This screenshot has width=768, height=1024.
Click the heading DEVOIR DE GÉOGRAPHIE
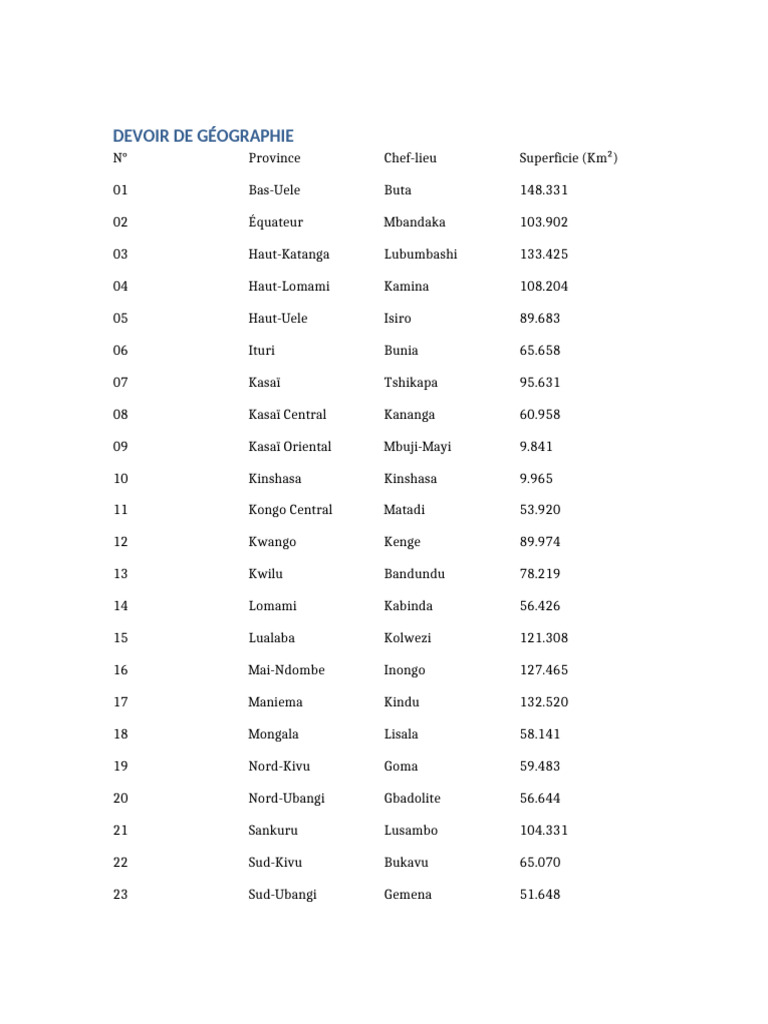click(203, 136)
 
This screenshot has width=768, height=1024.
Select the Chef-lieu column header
click(410, 158)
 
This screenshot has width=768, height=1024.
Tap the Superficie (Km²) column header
click(568, 158)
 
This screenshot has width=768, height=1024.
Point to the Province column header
click(274, 158)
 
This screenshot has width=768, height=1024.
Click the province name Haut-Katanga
click(289, 254)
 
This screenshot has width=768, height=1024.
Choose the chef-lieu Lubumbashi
click(420, 254)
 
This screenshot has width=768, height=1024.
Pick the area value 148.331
click(544, 190)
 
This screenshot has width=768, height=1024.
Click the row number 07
click(120, 382)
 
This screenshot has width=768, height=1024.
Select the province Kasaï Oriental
click(290, 446)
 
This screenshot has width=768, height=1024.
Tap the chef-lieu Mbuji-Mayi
click(417, 446)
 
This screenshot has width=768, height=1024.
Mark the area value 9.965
click(536, 478)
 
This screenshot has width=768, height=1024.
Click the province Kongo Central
click(290, 510)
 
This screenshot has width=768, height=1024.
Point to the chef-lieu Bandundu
click(414, 574)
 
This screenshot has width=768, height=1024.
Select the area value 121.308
click(544, 638)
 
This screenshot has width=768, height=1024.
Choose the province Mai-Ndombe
click(286, 670)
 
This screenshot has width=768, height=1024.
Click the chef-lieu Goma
click(401, 766)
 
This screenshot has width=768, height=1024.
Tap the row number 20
click(120, 798)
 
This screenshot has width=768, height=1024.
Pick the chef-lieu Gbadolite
click(412, 798)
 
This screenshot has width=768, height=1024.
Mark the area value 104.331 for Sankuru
click(544, 830)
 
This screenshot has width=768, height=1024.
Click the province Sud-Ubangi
click(282, 894)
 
